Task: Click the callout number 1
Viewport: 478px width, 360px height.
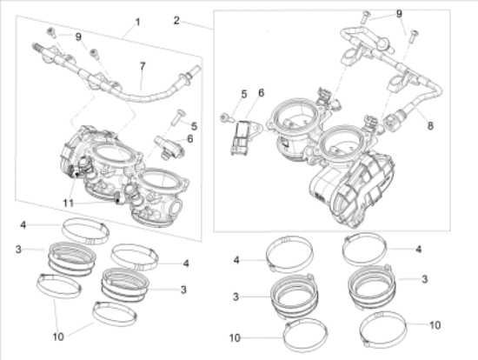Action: coord(137,22)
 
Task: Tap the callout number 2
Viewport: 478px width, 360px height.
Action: coord(176,21)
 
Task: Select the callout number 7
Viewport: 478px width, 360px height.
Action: coord(143,66)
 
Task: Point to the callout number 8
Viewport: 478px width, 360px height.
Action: coord(430,125)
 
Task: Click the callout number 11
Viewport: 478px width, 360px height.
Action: coord(69,203)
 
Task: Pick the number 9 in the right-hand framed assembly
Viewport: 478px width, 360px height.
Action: coord(399,14)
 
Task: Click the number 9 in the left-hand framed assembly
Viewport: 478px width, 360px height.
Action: coord(78,37)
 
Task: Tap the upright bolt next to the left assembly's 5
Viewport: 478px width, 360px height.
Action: coord(177,117)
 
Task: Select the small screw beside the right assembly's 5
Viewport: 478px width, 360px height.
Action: coord(225,117)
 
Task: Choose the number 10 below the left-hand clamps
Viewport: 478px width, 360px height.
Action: coord(58,337)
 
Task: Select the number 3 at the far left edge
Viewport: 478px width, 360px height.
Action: coord(18,250)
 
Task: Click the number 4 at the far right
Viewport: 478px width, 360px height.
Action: coord(419,249)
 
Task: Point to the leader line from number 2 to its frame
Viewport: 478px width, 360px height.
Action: coord(197,24)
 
